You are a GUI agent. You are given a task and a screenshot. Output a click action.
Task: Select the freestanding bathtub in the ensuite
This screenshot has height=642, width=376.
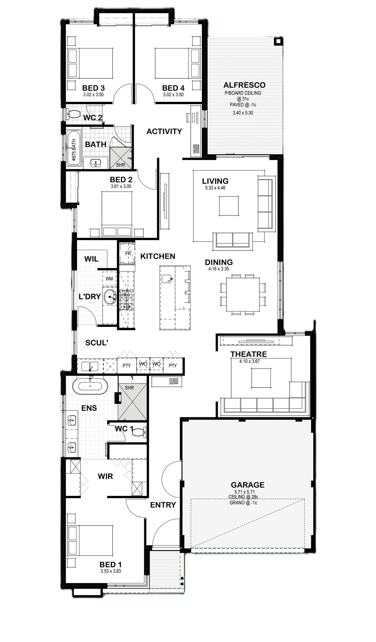click(90, 386)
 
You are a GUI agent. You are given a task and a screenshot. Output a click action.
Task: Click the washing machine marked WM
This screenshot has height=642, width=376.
click(109, 279)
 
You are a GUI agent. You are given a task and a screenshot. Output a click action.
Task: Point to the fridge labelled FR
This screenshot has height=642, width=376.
click(127, 254)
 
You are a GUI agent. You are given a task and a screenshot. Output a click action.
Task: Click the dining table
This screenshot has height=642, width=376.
click(243, 294)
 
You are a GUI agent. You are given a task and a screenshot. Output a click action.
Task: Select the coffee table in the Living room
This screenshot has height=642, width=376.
click(229, 206)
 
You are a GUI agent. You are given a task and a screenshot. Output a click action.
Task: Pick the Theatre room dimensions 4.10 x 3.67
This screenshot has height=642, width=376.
click(249, 361)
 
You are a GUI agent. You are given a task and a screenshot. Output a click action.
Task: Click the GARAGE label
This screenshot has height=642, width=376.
click(247, 484)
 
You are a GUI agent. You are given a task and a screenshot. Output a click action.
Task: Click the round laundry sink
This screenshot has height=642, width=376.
click(110, 297)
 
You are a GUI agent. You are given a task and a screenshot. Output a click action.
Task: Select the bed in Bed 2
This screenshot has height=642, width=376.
click(117, 214)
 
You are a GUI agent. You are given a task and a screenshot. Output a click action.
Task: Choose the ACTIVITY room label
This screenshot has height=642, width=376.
click(164, 131)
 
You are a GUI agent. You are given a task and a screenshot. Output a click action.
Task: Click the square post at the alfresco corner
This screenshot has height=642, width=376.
click(278, 41)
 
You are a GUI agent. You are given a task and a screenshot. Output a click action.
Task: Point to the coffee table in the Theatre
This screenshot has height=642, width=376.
click(261, 378)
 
